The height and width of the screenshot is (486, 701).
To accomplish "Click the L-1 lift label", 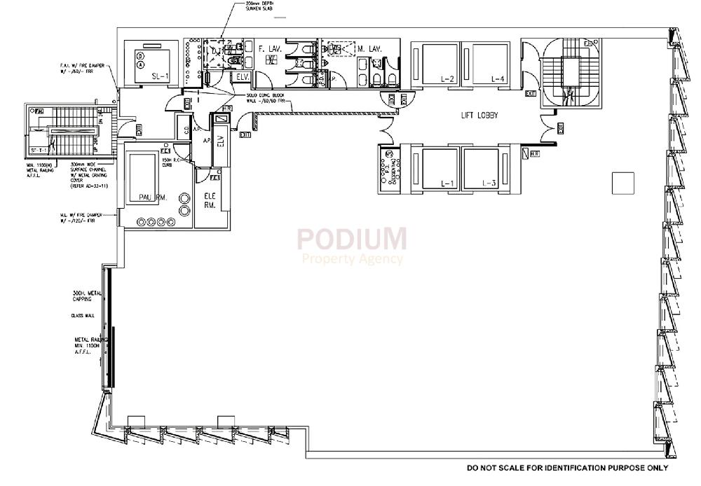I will pos(447,183).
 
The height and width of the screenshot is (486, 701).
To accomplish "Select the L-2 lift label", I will pos(447,78).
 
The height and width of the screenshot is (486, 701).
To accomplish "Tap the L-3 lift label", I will pos(489,183).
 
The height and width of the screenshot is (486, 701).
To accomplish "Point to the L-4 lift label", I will pos(498,78).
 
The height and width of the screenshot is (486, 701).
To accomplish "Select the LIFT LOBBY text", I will pos(479,116).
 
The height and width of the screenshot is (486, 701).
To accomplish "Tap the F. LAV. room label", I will pos(270,49).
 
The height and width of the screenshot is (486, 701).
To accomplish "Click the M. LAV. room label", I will pos(369,49).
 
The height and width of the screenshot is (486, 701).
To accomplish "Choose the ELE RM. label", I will pos(210,201).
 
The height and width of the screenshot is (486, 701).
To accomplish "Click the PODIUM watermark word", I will pos(351,239).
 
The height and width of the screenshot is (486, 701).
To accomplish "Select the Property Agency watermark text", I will pos(351,259).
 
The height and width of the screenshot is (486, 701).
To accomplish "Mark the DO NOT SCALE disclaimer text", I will pos(567,468).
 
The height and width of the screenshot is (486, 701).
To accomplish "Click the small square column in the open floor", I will pos(622,183).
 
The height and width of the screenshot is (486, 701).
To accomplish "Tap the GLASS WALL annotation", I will pos(83,316).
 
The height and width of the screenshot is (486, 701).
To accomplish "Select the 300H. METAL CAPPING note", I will pos(87,296).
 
